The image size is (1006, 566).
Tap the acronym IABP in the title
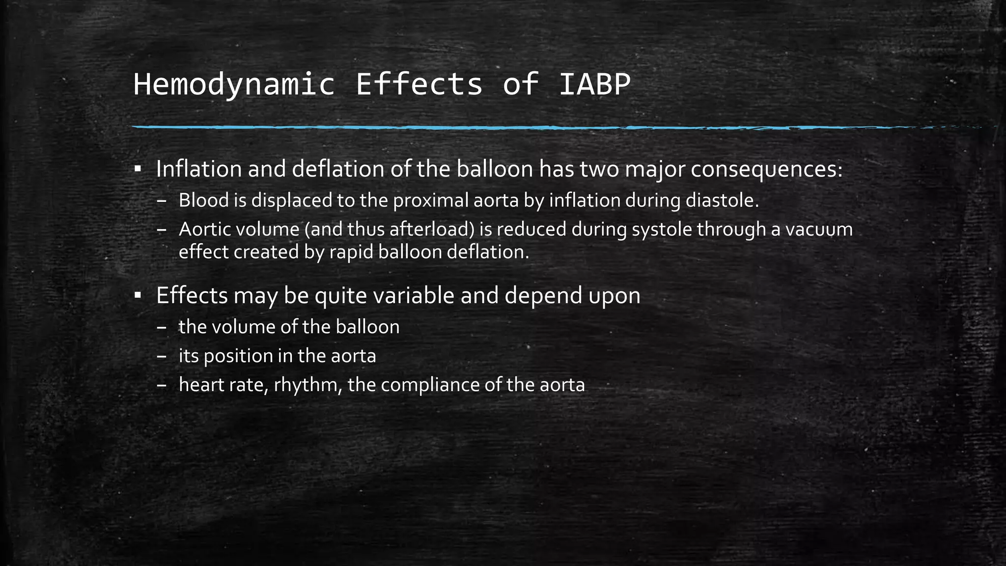pyautogui.click(x=594, y=85)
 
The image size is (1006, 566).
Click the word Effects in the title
pyautogui.click(x=419, y=85)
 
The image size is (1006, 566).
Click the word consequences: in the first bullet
pyautogui.click(x=767, y=169)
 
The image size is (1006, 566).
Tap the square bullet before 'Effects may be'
pyautogui.click(x=138, y=296)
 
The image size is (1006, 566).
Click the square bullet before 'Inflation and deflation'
pyautogui.click(x=138, y=170)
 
